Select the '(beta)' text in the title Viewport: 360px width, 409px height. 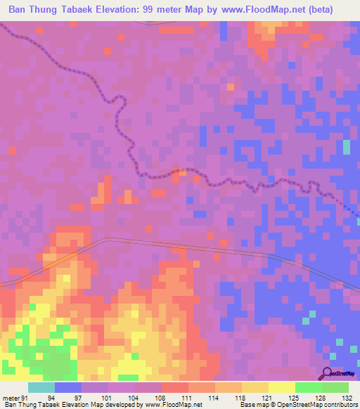pyautogui.click(x=334, y=9)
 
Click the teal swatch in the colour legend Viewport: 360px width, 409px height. pyautogui.click(x=41, y=387)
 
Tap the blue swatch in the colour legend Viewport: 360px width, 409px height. pyautogui.click(x=68, y=387)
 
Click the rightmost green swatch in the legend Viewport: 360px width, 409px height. pyautogui.click(x=335, y=387)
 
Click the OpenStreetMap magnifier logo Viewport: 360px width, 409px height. pyautogui.click(x=328, y=374)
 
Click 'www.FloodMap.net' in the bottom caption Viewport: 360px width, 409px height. pyautogui.click(x=169, y=405)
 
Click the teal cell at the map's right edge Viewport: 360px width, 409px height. pyautogui.click(x=346, y=148)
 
